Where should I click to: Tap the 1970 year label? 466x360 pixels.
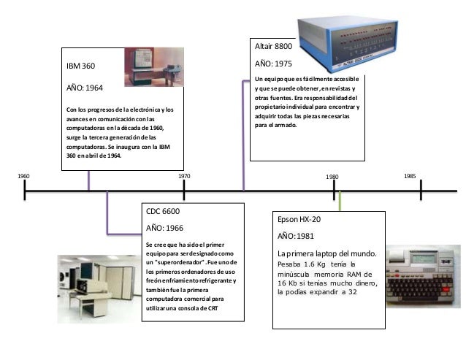[x=184, y=177]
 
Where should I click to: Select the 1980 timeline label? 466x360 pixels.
[x=332, y=177]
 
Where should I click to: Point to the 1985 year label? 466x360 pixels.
[x=410, y=177]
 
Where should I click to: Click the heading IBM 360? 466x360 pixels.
[x=81, y=66]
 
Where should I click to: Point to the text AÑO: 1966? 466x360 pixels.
[x=164, y=228]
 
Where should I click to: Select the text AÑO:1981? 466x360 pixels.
[x=296, y=237]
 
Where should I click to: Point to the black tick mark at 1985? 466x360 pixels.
[x=421, y=191]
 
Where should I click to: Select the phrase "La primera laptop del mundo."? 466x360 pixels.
[x=326, y=253]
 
